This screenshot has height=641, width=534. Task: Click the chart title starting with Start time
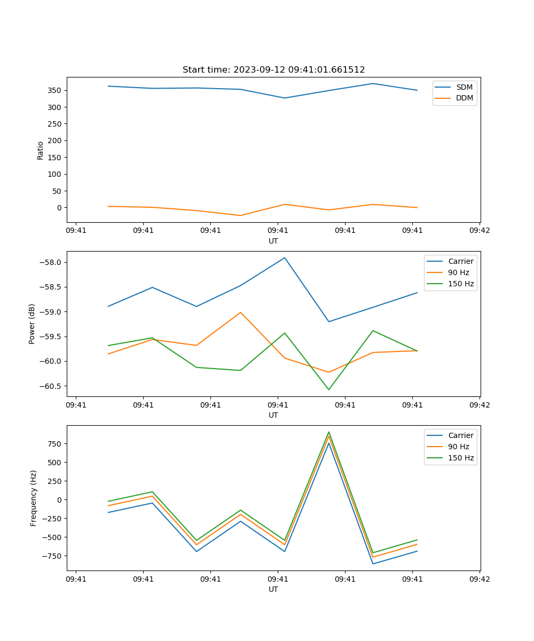tap(273, 70)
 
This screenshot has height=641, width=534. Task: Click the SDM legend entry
tap(464, 87)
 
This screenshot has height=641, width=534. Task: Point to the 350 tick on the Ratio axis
tap(54, 90)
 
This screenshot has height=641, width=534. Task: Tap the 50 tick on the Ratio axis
tap(56, 191)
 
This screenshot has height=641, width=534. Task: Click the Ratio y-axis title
tap(41, 150)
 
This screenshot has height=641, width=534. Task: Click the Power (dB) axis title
tap(33, 324)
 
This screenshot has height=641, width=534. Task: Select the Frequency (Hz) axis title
tap(34, 498)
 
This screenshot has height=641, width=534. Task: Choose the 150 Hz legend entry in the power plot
tap(460, 284)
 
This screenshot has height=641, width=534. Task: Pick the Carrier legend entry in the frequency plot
tap(460, 435)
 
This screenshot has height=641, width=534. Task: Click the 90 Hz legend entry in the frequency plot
tap(458, 447)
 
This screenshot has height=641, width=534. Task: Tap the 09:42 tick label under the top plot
tap(480, 231)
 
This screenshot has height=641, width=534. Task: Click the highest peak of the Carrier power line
tap(285, 257)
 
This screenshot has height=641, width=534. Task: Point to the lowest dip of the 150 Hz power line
tap(328, 389)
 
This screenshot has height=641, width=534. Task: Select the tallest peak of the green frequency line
tap(328, 432)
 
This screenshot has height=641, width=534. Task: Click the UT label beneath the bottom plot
tap(273, 589)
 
